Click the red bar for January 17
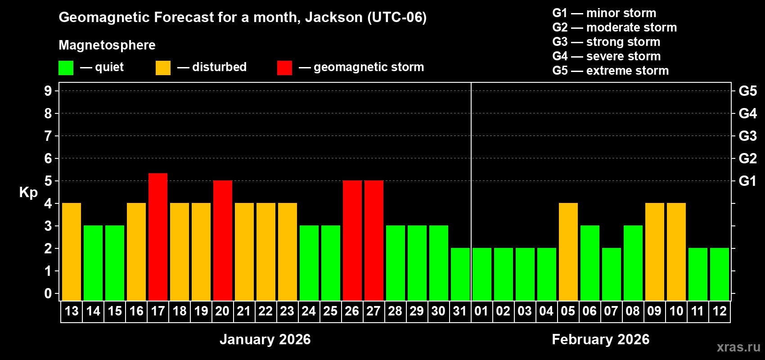[158, 237]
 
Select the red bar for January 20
[223, 240]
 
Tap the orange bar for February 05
[568, 252]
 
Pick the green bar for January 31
[460, 274]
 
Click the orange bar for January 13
[72, 252]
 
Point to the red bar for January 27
[374, 240]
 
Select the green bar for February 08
[633, 263]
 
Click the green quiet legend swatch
[66, 68]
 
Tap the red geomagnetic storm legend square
[284, 68]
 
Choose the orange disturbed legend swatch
[163, 68]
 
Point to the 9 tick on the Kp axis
[48, 91]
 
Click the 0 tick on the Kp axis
[48, 294]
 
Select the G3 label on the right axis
[747, 136]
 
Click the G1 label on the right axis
[747, 181]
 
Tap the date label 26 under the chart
[352, 311]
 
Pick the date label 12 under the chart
[720, 311]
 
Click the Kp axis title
[28, 192]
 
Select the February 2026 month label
[600, 339]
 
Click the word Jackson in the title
[333, 17]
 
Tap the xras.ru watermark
[738, 346]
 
